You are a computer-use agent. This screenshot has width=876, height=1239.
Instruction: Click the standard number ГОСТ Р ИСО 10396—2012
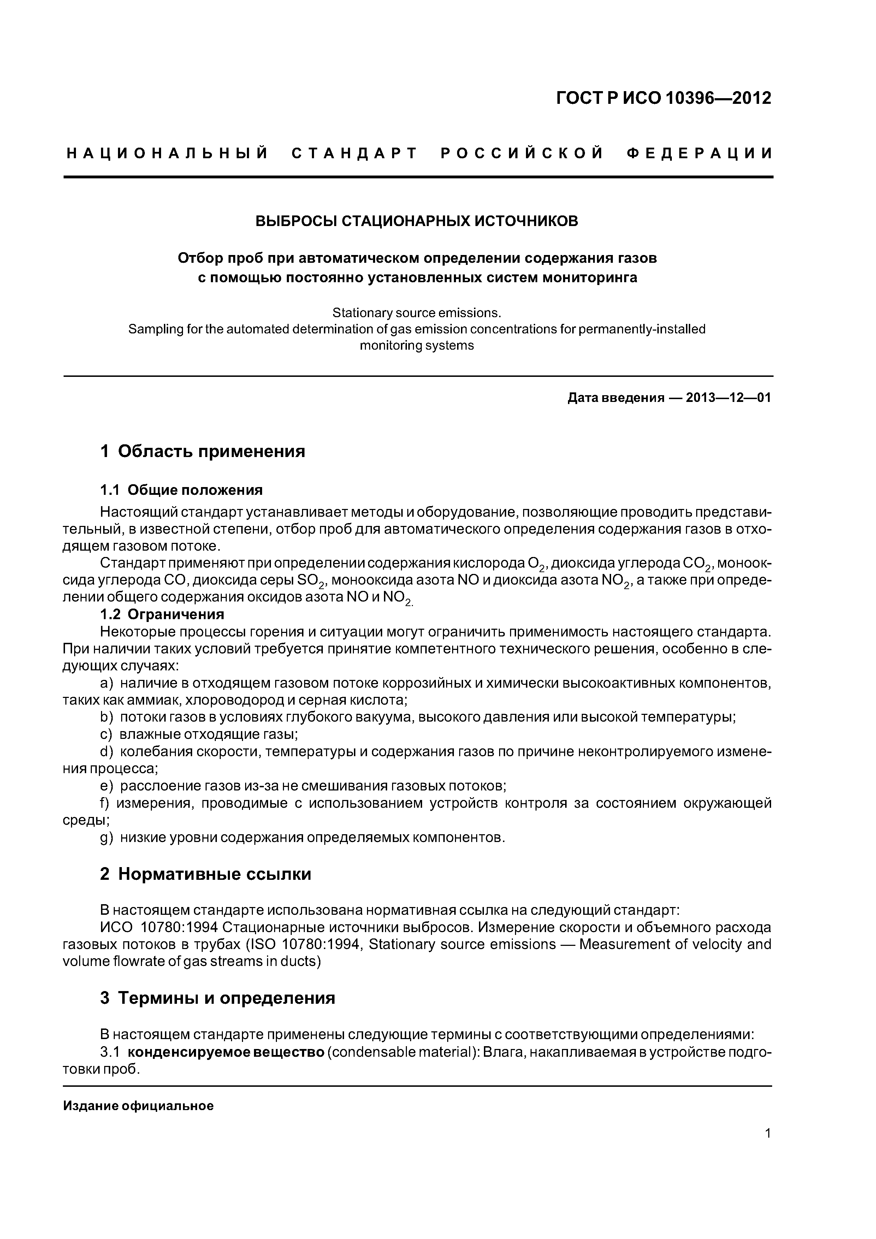tap(663, 98)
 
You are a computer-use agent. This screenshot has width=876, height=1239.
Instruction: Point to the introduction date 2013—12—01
tap(728, 398)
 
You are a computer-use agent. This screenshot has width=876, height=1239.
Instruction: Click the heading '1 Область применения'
tap(202, 451)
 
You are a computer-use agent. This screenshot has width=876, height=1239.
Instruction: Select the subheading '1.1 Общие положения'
tap(181, 490)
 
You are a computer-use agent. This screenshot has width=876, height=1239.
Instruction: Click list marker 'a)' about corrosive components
tap(107, 684)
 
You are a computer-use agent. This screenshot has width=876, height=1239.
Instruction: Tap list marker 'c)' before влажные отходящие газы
tap(106, 734)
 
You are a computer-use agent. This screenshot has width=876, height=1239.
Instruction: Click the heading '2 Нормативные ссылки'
tap(205, 874)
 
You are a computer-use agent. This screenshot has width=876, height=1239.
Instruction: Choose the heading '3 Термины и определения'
tap(218, 998)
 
